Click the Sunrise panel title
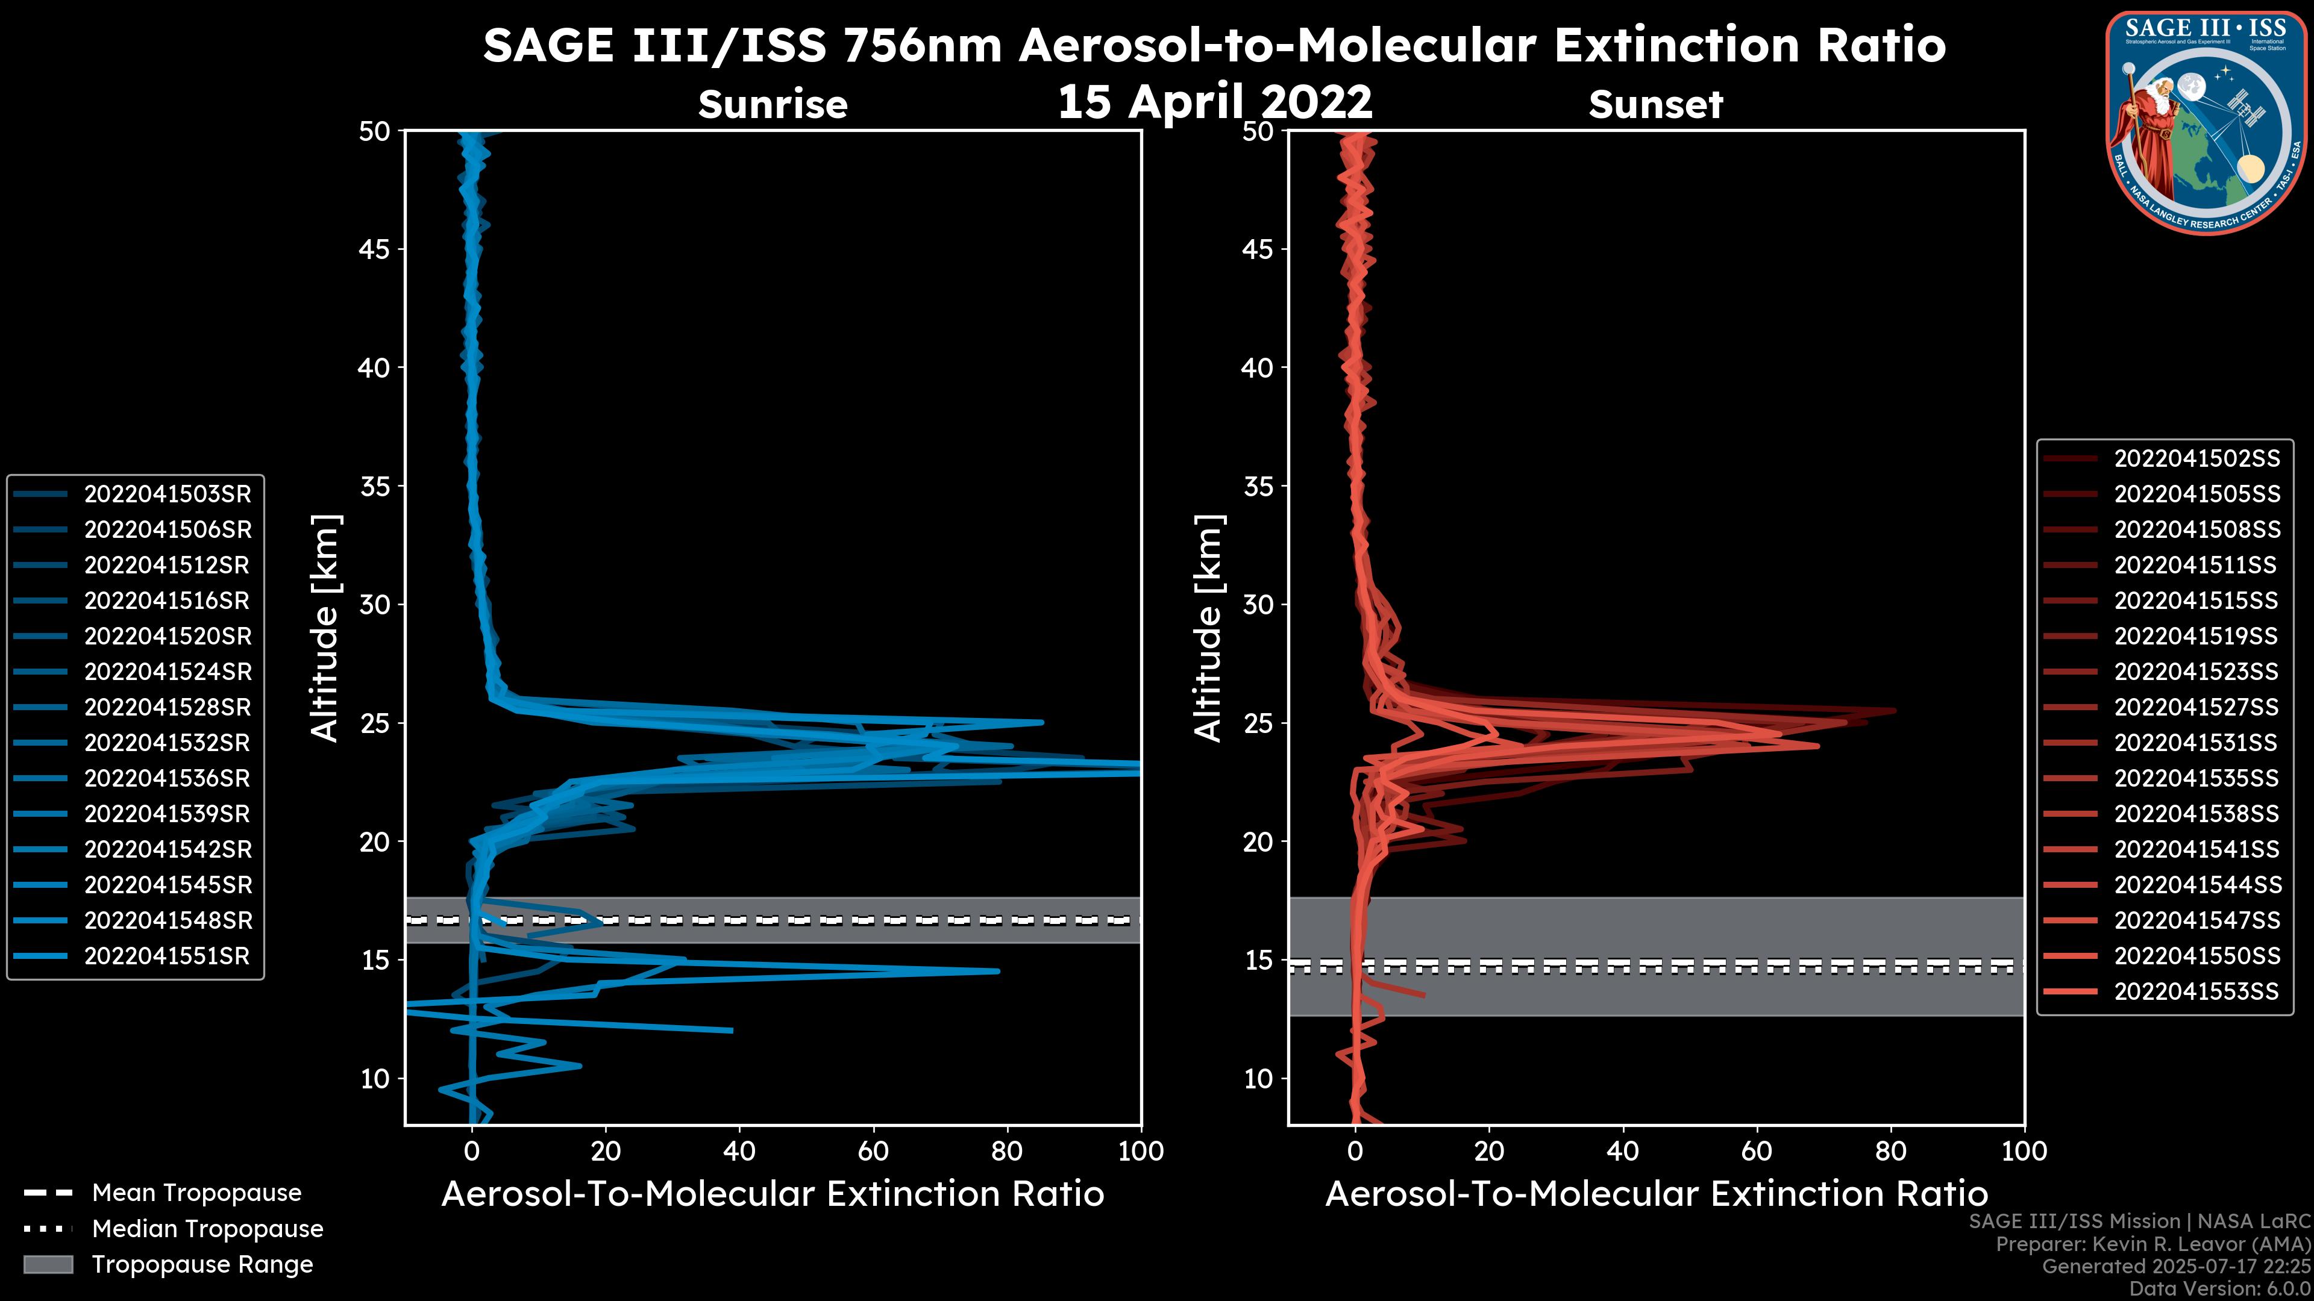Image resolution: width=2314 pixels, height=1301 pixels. (773, 104)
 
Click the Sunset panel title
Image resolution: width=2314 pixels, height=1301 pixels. (1655, 104)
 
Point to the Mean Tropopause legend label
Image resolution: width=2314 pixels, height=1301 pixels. (196, 1193)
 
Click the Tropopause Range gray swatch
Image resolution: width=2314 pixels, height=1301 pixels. (48, 1264)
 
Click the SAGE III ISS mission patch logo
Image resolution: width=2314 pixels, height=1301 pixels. (2206, 122)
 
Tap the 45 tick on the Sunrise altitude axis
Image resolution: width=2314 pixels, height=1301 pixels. (374, 249)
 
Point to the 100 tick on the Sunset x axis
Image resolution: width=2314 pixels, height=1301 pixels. (2024, 1151)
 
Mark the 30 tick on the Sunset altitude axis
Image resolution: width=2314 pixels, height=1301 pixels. (1258, 604)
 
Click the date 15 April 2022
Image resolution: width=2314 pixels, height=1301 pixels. (1214, 101)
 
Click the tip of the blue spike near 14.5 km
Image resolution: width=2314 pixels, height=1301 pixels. (998, 970)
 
